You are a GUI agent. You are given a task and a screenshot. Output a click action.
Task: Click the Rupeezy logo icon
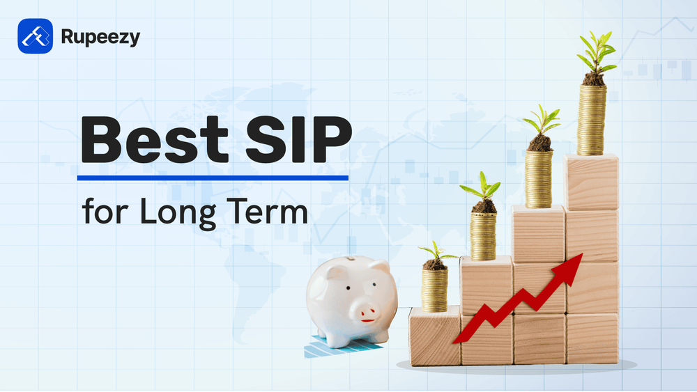coord(35,36)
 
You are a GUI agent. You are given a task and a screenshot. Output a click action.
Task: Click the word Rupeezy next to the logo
coord(100,37)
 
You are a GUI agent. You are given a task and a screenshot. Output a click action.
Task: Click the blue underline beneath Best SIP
coord(213,178)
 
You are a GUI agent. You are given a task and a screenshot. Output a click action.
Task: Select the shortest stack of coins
coord(434,290)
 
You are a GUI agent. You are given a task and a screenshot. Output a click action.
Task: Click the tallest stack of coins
coord(592,120)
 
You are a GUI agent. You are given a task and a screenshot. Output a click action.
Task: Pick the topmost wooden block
coord(591,182)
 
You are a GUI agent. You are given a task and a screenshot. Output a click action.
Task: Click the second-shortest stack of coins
coord(482,235)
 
